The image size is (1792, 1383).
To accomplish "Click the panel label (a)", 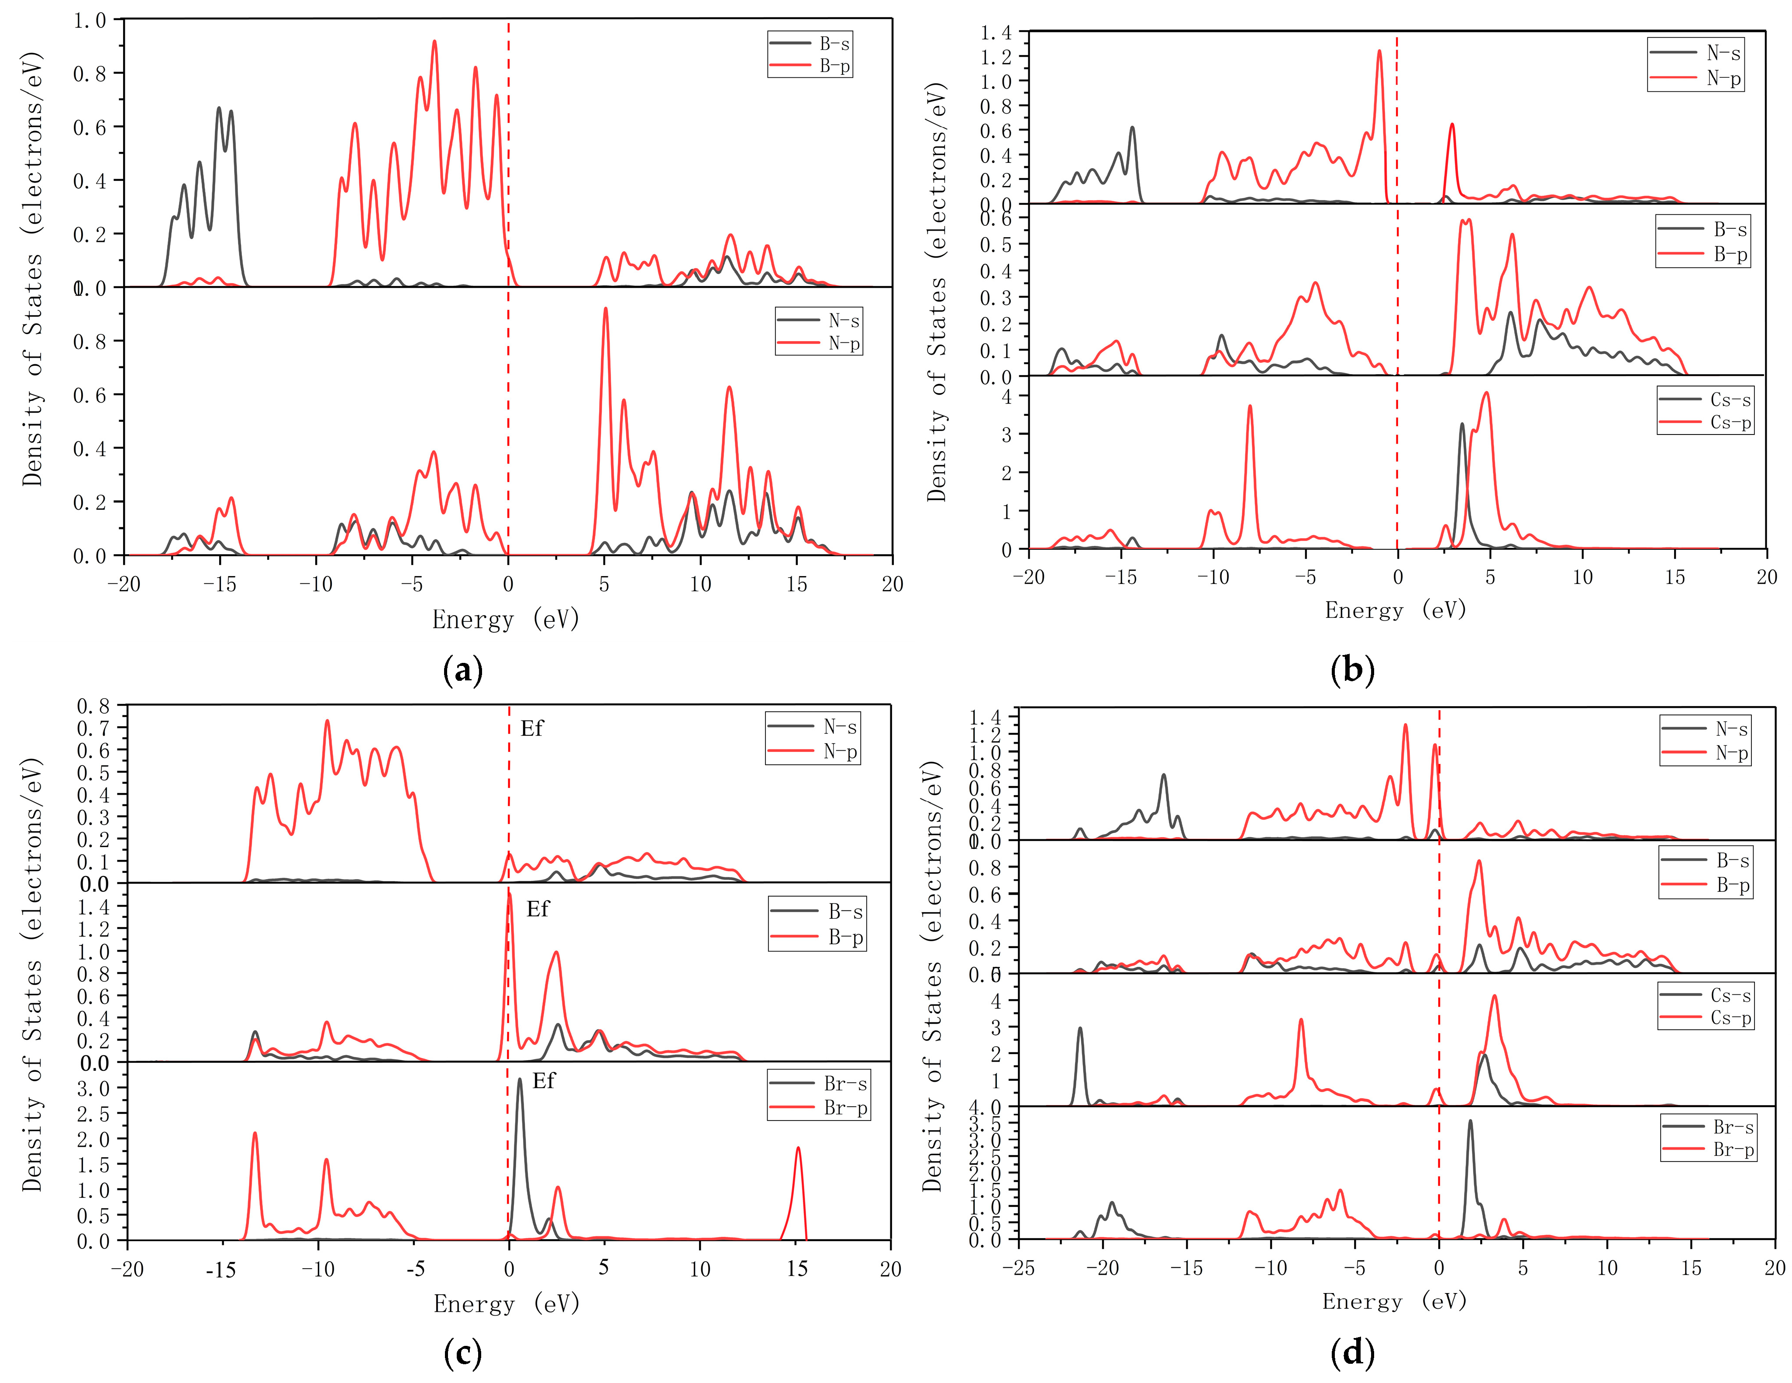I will coord(463,671).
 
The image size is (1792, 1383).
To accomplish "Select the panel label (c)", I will coord(463,1352).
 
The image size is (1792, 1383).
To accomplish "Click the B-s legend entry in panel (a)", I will coord(834,44).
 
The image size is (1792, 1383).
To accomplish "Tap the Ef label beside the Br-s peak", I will coord(543,1080).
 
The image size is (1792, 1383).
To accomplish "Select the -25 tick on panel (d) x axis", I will coord(1018,1267).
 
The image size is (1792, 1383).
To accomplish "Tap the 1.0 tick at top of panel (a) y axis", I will coord(90,20).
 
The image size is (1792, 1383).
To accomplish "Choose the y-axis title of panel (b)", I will coord(937,291).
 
